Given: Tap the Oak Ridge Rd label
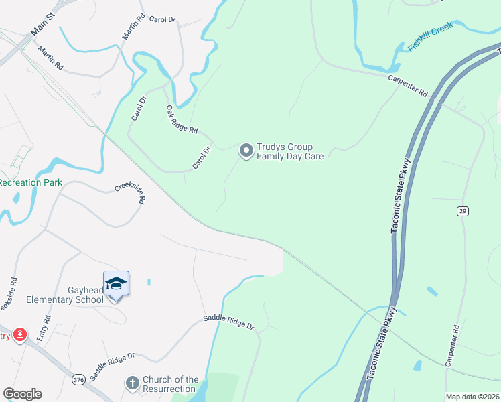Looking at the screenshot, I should tap(182, 119).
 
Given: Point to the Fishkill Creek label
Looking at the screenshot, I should tap(431, 37).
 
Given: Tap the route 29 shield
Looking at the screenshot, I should tap(463, 211).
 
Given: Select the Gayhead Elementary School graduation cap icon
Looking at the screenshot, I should tap(116, 283).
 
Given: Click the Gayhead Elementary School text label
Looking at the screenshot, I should tap(65, 295).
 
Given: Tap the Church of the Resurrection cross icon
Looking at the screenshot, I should tap(133, 383).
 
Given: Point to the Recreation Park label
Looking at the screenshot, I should tap(31, 182).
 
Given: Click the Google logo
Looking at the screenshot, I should tap(22, 394).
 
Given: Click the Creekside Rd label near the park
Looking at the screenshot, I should tap(130, 194).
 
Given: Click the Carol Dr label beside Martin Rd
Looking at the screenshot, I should tap(161, 20).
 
